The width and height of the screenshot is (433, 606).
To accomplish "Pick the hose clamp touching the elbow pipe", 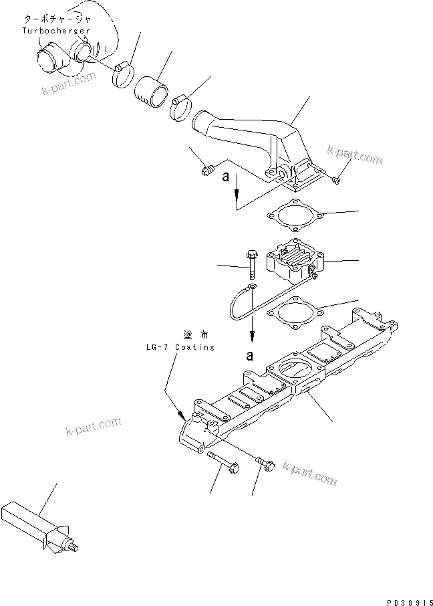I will tap(180, 108).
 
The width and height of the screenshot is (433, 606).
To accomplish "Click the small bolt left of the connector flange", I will tap(206, 172).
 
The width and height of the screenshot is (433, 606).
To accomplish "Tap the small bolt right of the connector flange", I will tap(337, 179).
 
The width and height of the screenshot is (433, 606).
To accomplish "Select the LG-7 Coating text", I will tap(180, 347).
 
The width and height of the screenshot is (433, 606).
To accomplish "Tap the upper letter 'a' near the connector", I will tap(227, 177).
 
